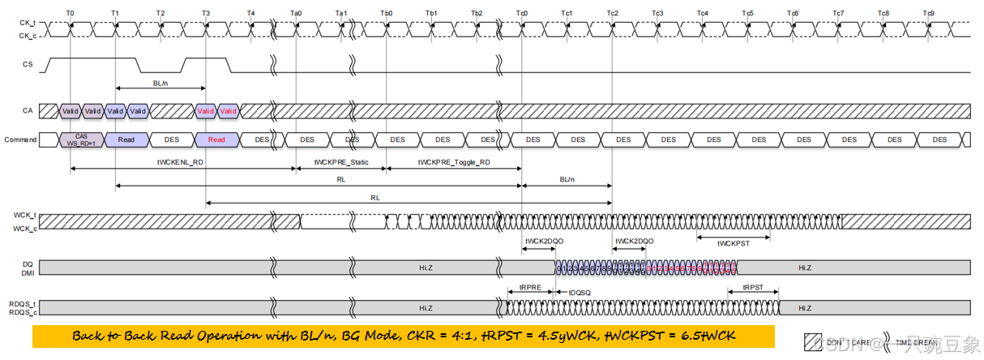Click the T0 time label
pos(70,14)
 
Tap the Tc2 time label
pos(612,14)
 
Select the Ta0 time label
pos(296,14)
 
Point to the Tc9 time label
pos(928,14)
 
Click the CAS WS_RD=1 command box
pos(81,139)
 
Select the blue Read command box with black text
pos(126,139)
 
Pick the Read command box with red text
pos(216,139)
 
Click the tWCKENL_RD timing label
pos(182,162)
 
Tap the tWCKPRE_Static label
pos(341,162)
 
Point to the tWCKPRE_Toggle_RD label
pos(453,162)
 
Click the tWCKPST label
pos(734,243)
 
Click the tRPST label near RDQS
pos(753,288)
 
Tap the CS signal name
pos(28,63)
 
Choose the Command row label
pos(20,139)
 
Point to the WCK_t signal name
pos(24,215)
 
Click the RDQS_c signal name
pos(23,311)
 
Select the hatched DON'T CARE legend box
pos(813,341)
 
